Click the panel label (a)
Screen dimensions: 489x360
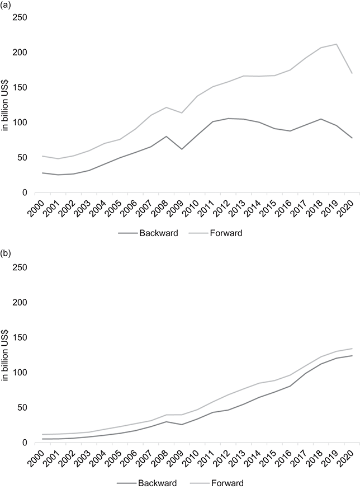coord(7,6)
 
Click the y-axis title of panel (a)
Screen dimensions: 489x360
coord(6,105)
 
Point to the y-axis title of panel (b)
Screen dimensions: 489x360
coord(6,355)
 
